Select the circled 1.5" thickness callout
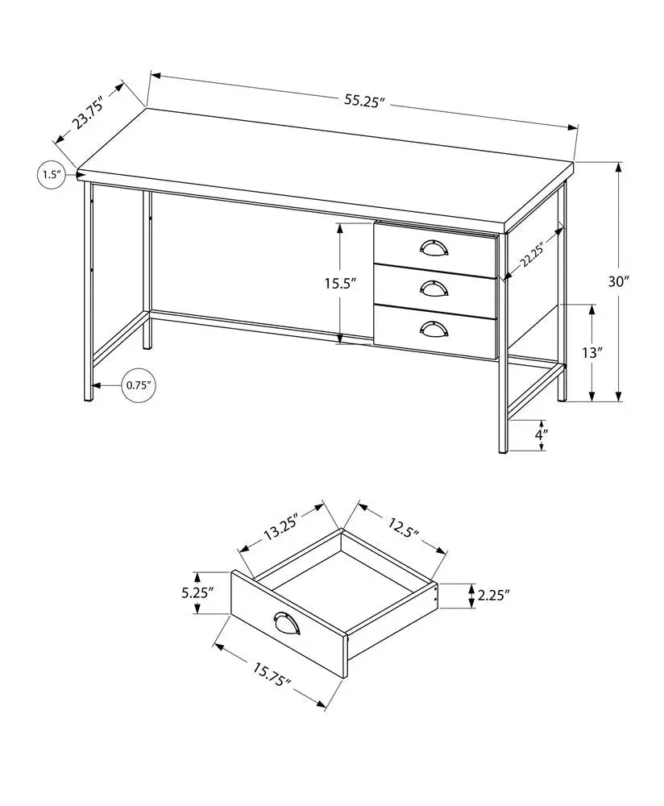pos(51,174)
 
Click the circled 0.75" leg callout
pos(139,385)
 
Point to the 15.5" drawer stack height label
pos(340,283)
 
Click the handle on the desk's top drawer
pos(436,248)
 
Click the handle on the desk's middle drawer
pos(436,287)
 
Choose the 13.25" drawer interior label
pos(280,530)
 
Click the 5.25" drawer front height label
pos(197,592)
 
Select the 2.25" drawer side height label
pos(493,596)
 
